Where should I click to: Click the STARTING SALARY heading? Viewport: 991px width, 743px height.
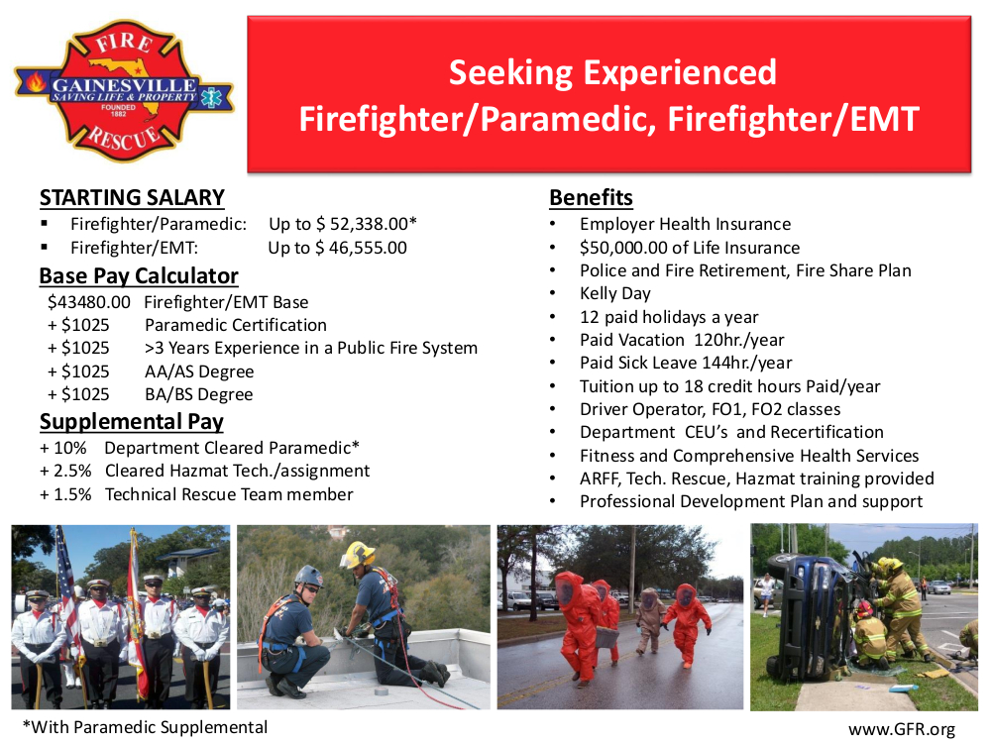[x=132, y=198]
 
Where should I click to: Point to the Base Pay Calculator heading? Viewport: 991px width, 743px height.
[x=139, y=275]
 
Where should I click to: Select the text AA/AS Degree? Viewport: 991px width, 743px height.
[x=199, y=371]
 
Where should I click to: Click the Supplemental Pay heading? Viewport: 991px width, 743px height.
[x=132, y=422]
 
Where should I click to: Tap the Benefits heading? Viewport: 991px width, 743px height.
[x=592, y=198]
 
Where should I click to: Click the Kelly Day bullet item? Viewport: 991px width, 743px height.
[x=615, y=293]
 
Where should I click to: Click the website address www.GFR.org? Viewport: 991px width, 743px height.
[x=902, y=729]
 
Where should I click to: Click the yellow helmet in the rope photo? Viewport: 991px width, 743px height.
[x=358, y=554]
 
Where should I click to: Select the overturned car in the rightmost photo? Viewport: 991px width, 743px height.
[x=808, y=614]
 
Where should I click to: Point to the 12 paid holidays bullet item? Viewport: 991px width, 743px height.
[x=669, y=317]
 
